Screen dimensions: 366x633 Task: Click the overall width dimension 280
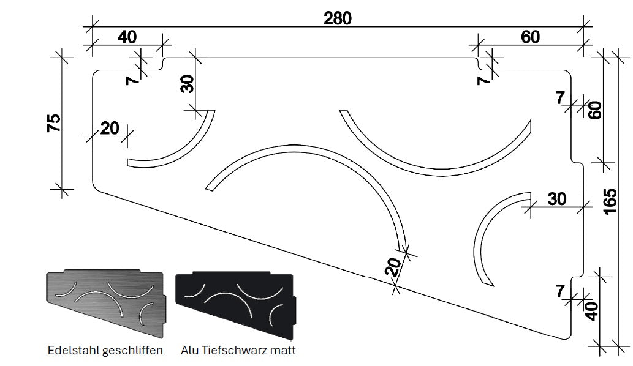(x=338, y=18)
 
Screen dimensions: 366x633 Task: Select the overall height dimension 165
(x=610, y=201)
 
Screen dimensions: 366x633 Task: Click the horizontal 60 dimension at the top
(x=530, y=37)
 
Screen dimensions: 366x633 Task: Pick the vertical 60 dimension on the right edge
(x=595, y=110)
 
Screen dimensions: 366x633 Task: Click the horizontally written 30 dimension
(x=557, y=199)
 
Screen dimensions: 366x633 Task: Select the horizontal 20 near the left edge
(x=109, y=128)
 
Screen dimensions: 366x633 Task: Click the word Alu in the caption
(x=190, y=351)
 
